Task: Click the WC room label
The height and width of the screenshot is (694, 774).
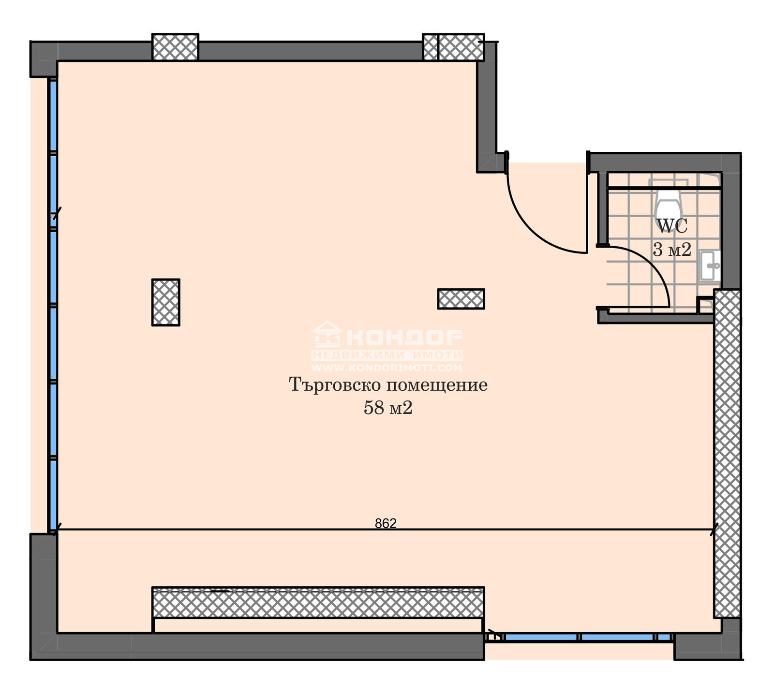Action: (672, 226)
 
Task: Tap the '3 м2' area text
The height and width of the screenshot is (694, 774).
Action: (672, 250)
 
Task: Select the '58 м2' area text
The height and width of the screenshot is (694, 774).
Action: (388, 408)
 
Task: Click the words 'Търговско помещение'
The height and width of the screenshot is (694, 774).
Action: (388, 385)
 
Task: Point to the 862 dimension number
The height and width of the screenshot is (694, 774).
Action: (386, 523)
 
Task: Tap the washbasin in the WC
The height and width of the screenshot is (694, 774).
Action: (709, 266)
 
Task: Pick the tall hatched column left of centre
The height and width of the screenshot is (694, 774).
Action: (166, 302)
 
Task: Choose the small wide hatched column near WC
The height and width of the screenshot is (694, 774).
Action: (461, 299)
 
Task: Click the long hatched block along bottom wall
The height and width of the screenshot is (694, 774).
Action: (318, 603)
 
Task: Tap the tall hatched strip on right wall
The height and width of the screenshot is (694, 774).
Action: (727, 454)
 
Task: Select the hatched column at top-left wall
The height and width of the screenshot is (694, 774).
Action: (175, 47)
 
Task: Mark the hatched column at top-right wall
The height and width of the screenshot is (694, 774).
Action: (453, 47)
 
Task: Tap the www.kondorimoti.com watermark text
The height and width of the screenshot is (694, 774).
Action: (387, 368)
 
